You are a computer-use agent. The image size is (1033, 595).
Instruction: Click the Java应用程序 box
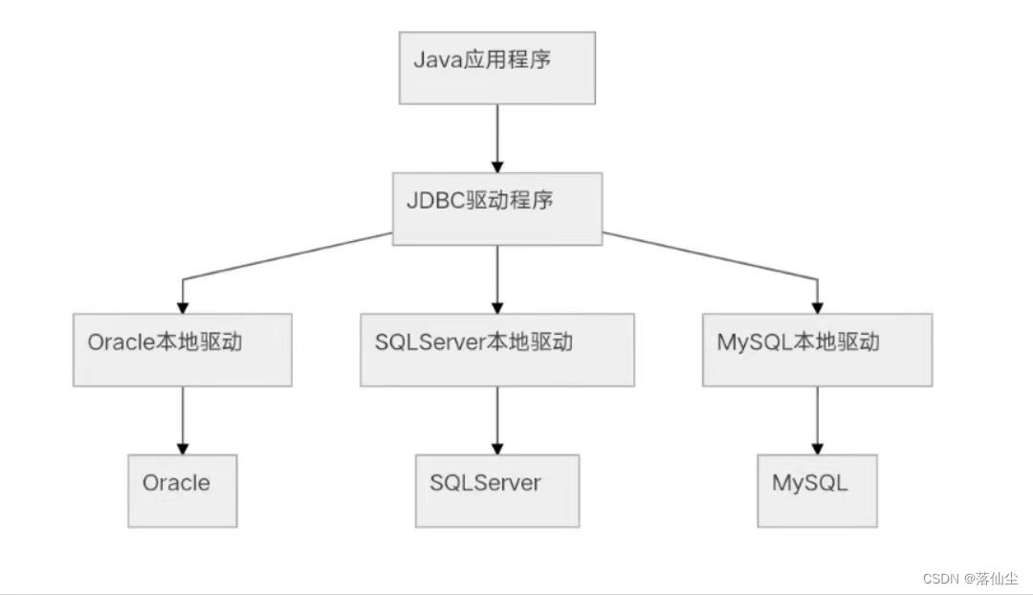(495, 67)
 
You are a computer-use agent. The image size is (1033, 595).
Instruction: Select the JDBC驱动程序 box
(496, 208)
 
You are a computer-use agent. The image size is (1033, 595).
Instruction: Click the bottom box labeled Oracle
(182, 490)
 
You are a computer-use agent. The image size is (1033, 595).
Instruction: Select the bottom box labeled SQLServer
(496, 490)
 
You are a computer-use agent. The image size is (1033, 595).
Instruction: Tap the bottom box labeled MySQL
(817, 490)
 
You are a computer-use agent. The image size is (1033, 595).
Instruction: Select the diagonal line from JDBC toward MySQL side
(708, 255)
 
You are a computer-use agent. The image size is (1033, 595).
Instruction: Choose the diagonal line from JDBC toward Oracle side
(287, 255)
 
